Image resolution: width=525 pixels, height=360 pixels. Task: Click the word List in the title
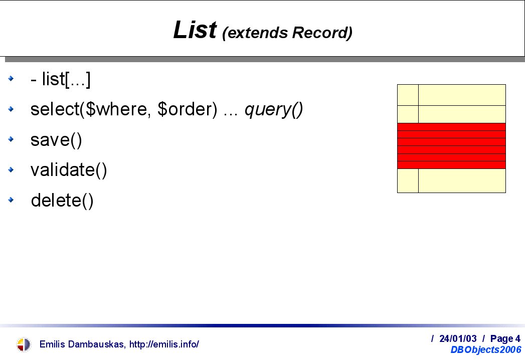tap(195, 30)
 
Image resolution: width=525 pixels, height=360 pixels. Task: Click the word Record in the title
tap(320, 33)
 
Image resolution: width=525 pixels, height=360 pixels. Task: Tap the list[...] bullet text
tap(66, 79)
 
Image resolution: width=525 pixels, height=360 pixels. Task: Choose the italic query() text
tap(274, 110)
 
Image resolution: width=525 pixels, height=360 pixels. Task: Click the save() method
tap(56, 140)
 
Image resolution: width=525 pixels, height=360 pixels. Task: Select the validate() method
tap(69, 170)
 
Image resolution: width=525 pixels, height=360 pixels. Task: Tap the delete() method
tap(62, 200)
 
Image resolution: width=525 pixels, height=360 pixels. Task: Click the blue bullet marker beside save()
tap(11, 139)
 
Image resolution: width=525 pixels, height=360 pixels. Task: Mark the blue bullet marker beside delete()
tap(11, 200)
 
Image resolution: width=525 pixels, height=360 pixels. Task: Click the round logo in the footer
tap(23, 344)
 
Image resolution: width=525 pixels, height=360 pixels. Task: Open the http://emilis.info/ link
tap(164, 344)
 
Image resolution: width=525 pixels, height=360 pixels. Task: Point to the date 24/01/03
tap(458, 338)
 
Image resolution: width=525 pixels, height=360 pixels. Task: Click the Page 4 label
tap(505, 338)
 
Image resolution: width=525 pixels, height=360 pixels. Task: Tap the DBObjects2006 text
tap(486, 349)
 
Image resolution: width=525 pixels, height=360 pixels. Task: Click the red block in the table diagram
tap(451, 146)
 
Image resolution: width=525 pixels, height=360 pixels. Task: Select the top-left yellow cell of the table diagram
tap(408, 95)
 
